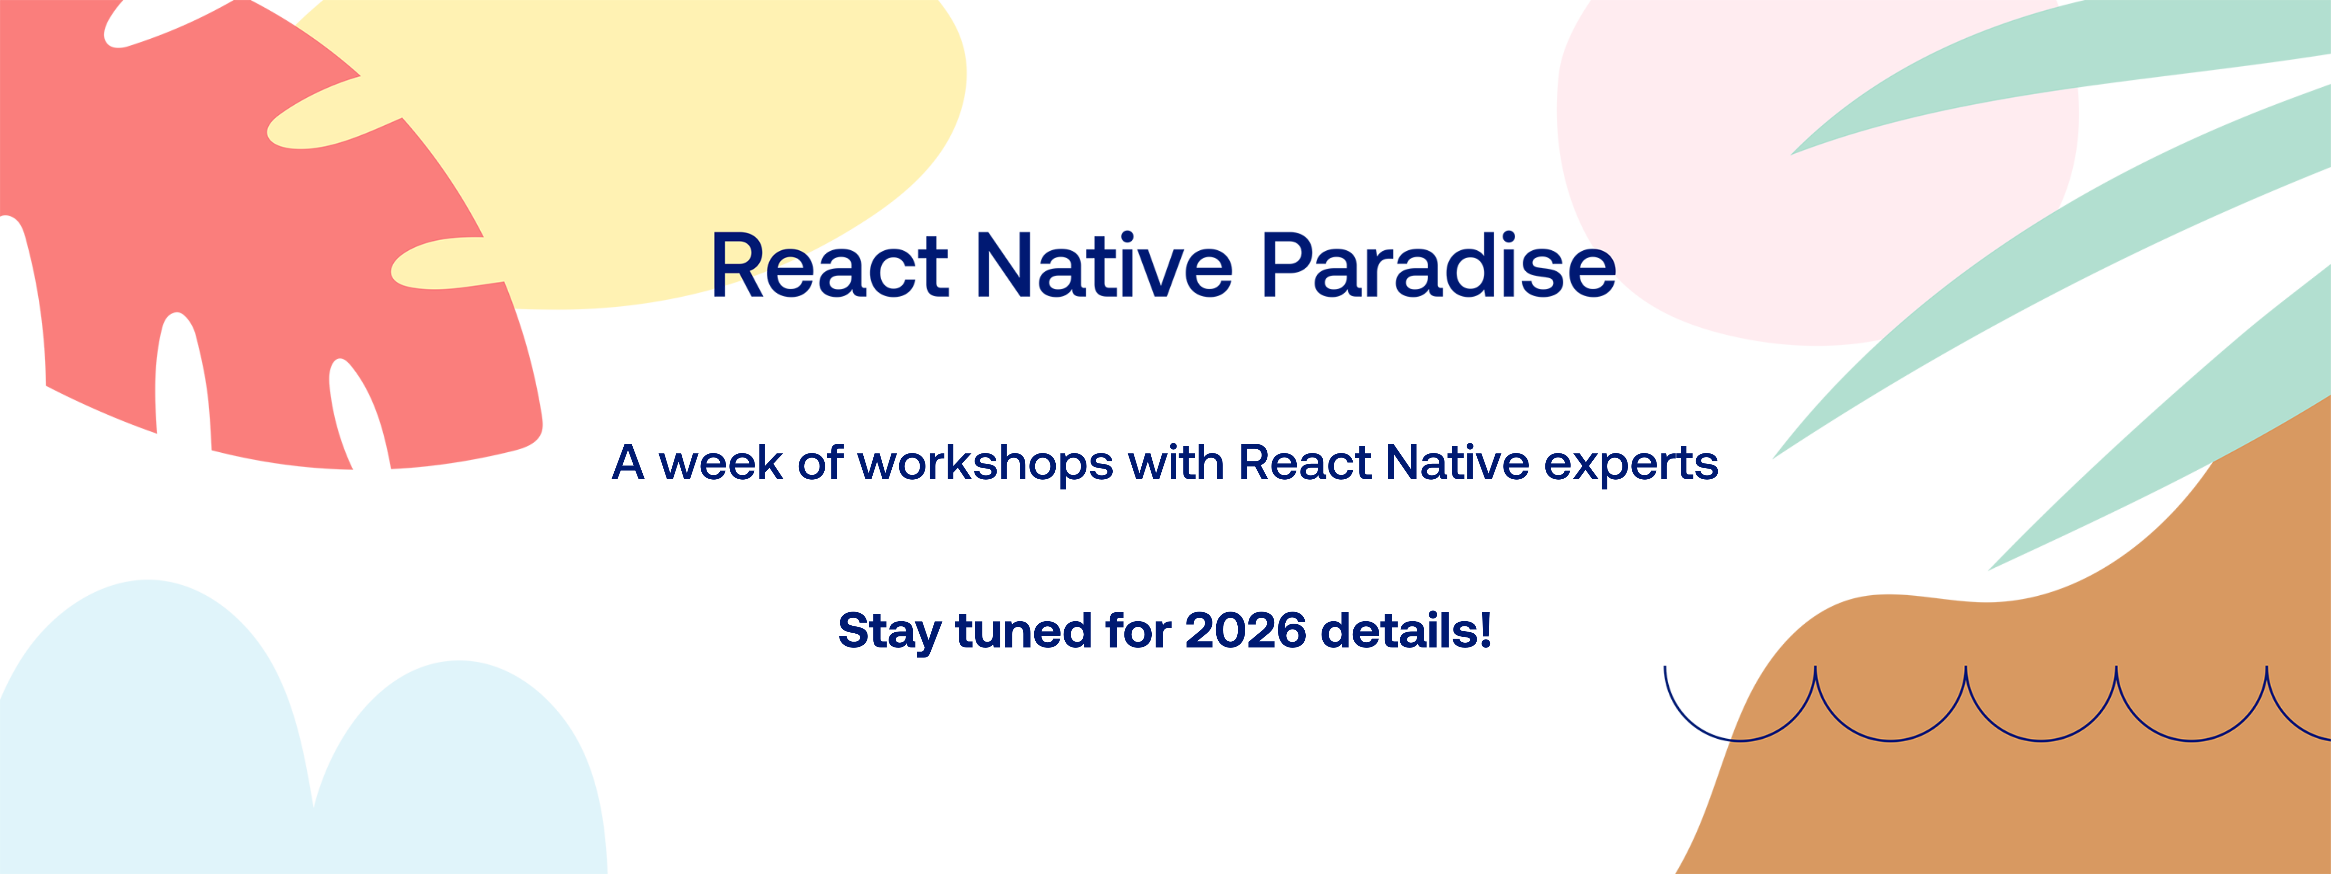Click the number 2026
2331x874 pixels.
click(x=1245, y=631)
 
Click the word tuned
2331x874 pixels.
click(x=1023, y=631)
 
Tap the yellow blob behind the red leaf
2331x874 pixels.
click(x=688, y=136)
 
